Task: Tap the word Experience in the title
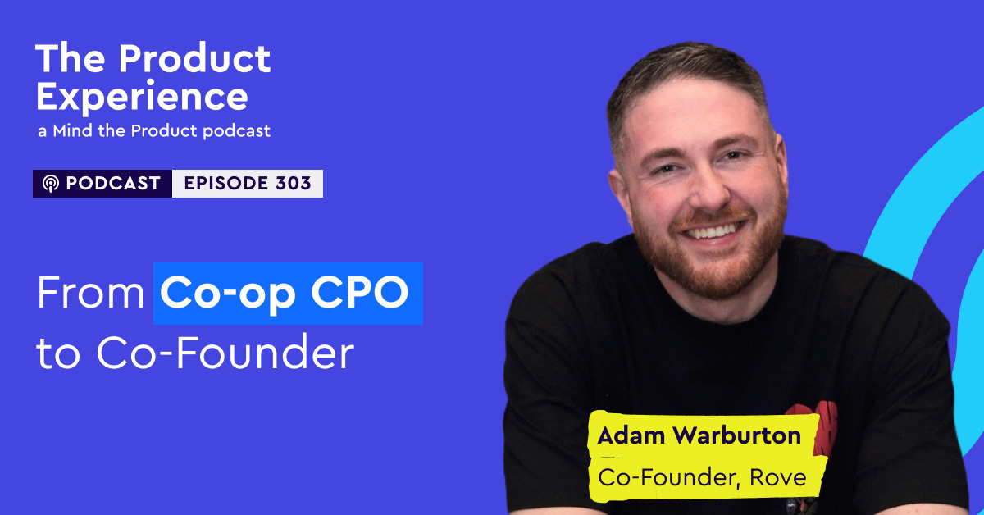pyautogui.click(x=141, y=98)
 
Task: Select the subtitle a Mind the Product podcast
pyautogui.click(x=153, y=131)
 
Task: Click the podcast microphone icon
pyautogui.click(x=50, y=184)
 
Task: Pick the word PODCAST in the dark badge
pyautogui.click(x=112, y=184)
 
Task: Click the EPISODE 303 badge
pyautogui.click(x=248, y=184)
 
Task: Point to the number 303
pyautogui.click(x=294, y=184)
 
